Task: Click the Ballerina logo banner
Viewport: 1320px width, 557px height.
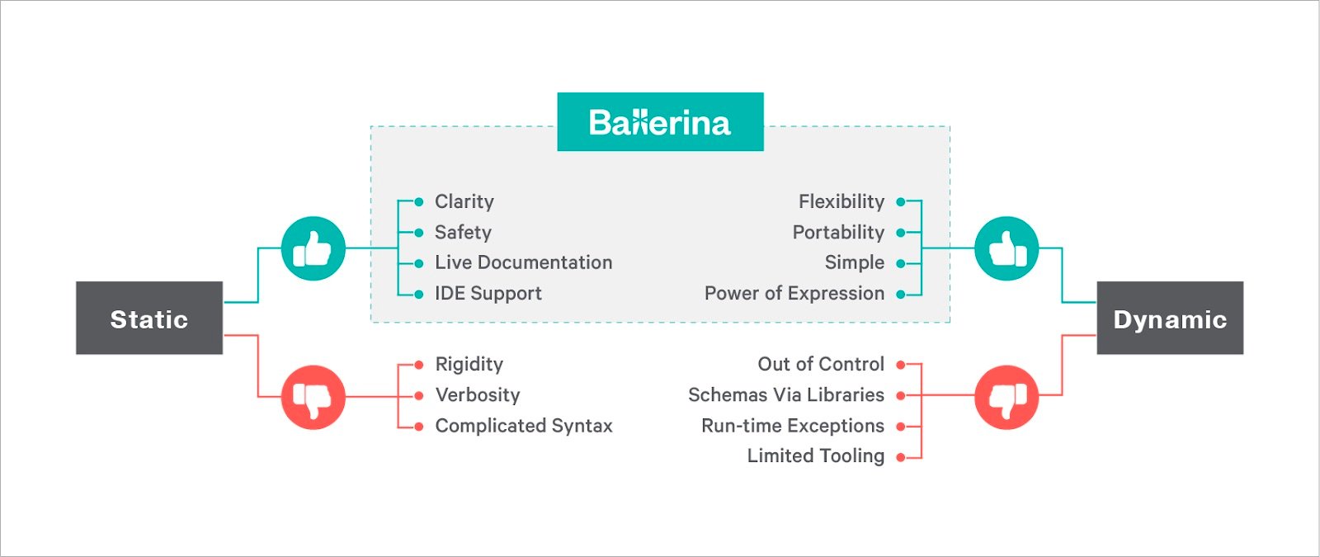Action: [x=660, y=121]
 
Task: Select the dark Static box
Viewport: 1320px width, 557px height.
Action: [x=149, y=318]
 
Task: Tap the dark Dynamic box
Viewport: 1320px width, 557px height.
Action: [x=1170, y=318]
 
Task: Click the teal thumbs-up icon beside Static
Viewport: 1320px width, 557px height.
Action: [x=313, y=248]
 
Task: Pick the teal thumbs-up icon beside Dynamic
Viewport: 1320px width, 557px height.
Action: [x=1006, y=248]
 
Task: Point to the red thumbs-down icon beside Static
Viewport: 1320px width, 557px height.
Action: [x=313, y=397]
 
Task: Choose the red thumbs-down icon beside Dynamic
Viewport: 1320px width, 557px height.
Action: [x=1006, y=397]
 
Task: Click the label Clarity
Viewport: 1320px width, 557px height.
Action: [x=464, y=201]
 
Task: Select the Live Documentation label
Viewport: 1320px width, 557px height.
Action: [x=524, y=262]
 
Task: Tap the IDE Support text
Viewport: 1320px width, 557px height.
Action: [x=488, y=293]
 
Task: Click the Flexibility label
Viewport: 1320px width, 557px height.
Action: [x=841, y=201]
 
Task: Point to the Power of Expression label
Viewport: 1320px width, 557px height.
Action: [x=794, y=293]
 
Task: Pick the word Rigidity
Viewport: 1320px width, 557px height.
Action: [x=469, y=364]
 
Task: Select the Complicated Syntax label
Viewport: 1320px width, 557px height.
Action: [x=524, y=426]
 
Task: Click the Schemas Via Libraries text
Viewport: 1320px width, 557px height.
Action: [x=786, y=395]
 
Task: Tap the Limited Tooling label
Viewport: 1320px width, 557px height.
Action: [x=816, y=456]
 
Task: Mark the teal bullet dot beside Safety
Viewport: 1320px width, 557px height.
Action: [x=419, y=233]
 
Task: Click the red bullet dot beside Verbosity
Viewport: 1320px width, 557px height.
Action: [x=419, y=395]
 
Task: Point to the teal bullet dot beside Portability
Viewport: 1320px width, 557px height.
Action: [x=900, y=233]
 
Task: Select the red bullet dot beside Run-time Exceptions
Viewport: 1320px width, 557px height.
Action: [x=900, y=426]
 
